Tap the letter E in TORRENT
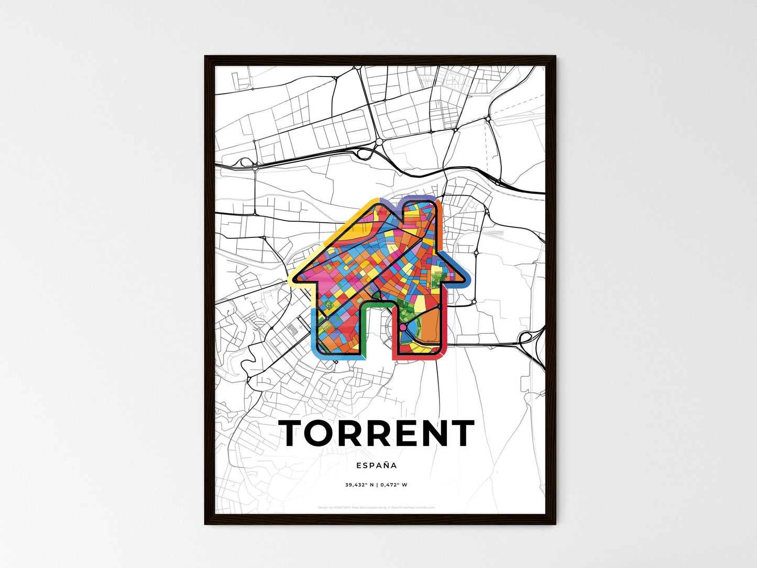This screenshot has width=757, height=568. tap(408, 433)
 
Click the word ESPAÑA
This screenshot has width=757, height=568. tap(376, 465)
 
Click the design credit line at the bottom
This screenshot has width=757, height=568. tap(376, 507)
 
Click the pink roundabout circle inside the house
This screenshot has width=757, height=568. tap(403, 327)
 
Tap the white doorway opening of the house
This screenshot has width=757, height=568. tap(377, 335)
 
